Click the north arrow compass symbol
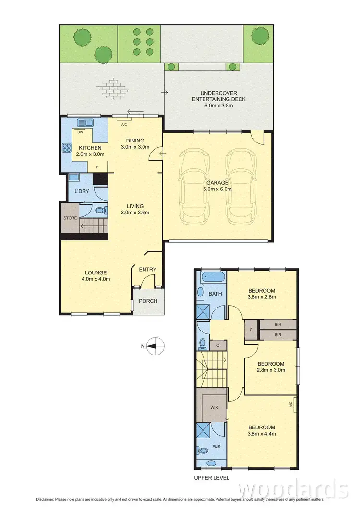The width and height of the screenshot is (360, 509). coord(156,344)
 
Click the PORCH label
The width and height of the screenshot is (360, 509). coord(148,301)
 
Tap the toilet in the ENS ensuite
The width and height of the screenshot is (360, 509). coord(201,450)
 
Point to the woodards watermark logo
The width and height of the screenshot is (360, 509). coord(293,489)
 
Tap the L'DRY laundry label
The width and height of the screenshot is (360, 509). coord(82,191)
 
